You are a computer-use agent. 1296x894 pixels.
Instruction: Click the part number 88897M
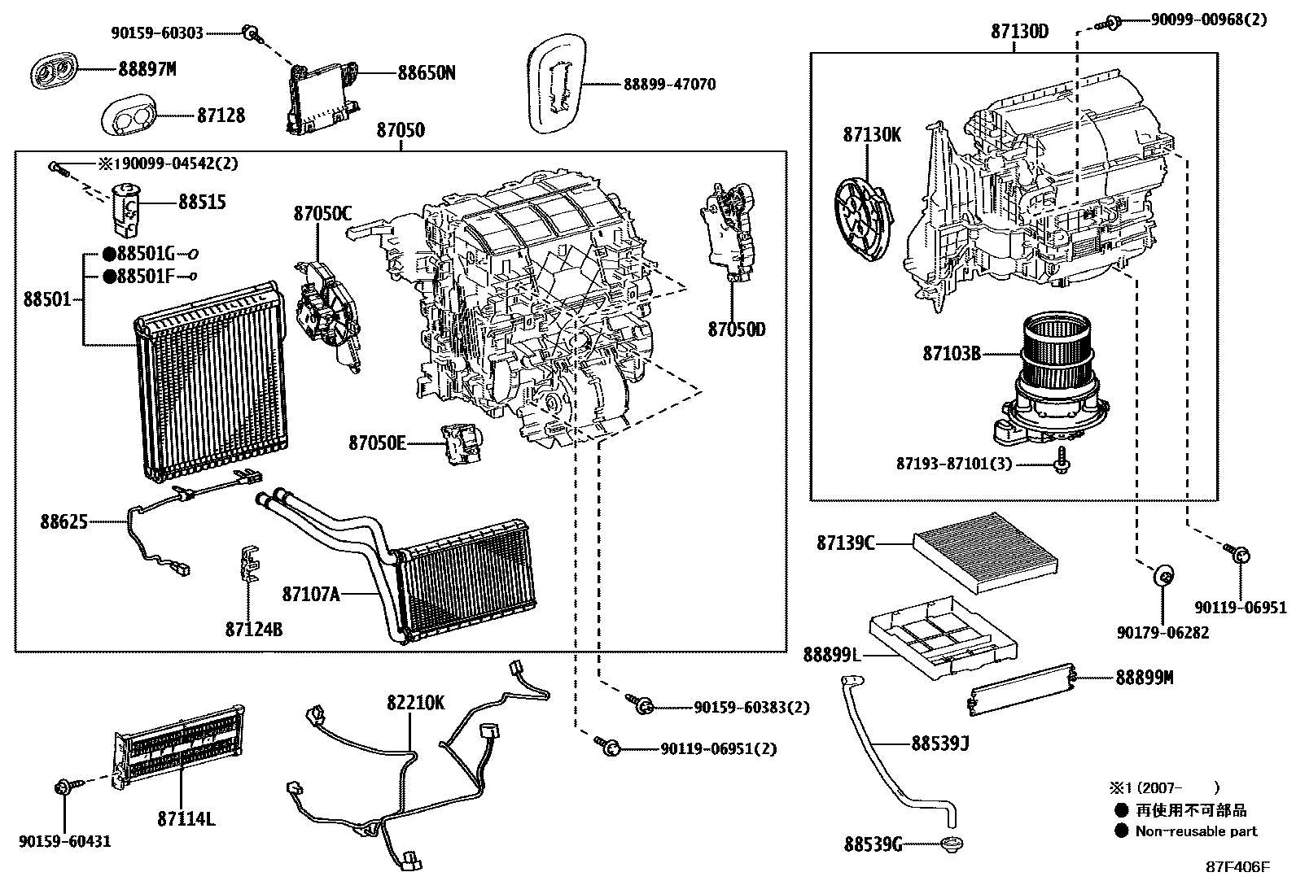(x=147, y=70)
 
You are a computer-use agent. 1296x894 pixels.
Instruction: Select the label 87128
(x=221, y=116)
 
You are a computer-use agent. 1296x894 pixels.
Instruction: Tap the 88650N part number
(x=426, y=73)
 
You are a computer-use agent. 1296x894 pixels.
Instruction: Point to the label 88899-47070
(x=670, y=85)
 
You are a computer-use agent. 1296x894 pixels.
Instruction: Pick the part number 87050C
(x=322, y=214)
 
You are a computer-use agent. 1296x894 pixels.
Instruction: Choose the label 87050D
(x=736, y=329)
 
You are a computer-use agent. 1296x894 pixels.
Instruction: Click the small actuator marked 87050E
(x=460, y=444)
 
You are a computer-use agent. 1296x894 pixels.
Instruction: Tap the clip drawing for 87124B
(x=252, y=562)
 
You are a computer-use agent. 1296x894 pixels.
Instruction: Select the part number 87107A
(x=311, y=594)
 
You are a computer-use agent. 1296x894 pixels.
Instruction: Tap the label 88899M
(x=1144, y=678)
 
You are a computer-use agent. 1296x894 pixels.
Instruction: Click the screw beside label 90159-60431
(x=63, y=787)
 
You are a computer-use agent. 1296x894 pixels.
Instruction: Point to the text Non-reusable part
(x=1196, y=831)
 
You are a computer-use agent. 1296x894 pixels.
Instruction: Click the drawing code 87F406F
(x=1237, y=867)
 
